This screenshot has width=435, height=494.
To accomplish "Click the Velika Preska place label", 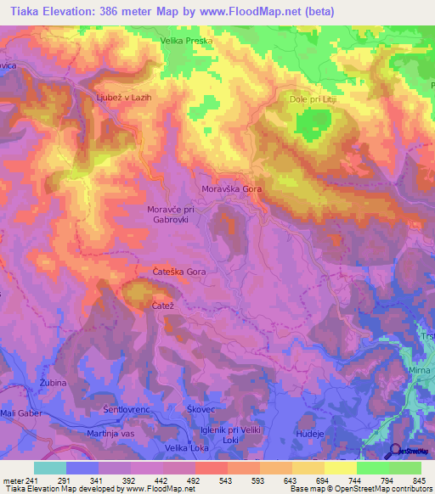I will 187,40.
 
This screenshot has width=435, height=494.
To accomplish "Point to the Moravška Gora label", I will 231,188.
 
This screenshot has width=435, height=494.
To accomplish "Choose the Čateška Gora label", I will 178,272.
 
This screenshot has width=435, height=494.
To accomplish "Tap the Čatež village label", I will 162,305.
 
